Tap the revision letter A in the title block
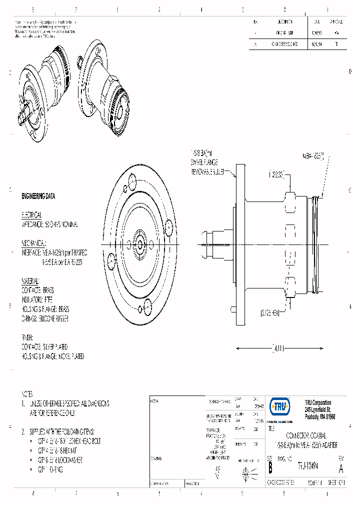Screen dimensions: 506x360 point(341,468)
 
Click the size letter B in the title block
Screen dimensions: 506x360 point(270,468)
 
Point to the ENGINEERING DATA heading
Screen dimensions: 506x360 point(38,196)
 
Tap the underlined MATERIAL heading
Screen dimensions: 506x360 point(30,280)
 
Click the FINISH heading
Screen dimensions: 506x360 point(27,337)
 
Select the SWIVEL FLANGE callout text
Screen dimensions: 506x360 point(204,162)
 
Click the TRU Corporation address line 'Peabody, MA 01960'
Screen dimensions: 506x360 point(319,416)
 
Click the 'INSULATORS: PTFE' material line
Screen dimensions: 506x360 point(37,299)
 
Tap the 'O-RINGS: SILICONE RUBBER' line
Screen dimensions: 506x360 point(45,318)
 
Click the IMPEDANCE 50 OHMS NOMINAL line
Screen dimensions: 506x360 point(49,224)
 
